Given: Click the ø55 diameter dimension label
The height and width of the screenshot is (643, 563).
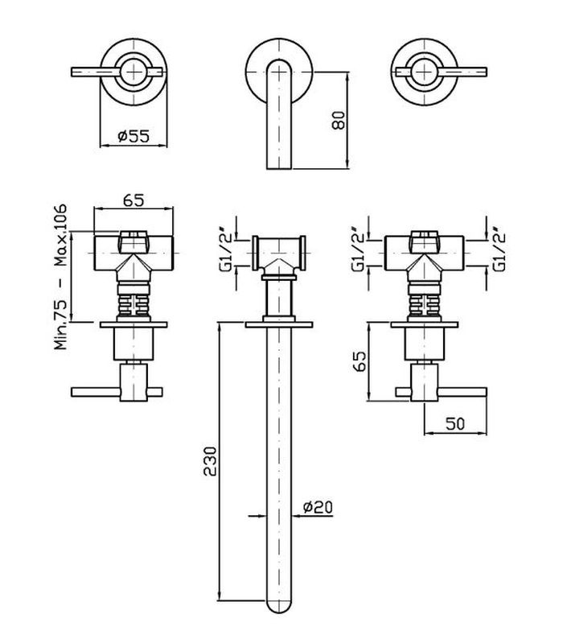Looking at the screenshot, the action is [x=134, y=135].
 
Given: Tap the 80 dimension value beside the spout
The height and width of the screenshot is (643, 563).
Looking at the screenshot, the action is [x=339, y=120].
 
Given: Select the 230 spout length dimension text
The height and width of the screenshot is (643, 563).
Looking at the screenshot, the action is [x=209, y=460].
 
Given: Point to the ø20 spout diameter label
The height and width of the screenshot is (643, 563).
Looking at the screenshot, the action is [x=318, y=507].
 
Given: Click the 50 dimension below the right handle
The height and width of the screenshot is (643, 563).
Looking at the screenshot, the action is [x=456, y=423].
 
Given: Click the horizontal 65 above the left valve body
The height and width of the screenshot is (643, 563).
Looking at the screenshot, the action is [x=134, y=200].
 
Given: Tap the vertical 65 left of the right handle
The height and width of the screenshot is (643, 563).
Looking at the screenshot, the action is [x=359, y=361].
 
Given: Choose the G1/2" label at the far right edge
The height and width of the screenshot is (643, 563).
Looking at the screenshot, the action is [x=499, y=249].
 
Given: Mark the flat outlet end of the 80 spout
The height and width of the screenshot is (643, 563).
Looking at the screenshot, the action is [x=279, y=168].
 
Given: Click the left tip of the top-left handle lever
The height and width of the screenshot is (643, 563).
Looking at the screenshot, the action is [x=72, y=72].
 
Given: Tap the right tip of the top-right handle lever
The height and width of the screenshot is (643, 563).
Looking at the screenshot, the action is [x=486, y=72].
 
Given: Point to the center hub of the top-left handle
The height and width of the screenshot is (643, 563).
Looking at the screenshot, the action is [x=134, y=72].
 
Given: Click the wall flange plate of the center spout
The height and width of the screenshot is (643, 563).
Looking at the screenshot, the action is [x=279, y=324].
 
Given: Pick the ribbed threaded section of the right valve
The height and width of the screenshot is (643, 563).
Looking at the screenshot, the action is [x=425, y=305].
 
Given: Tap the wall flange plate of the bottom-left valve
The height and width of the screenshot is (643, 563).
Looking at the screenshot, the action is [x=134, y=325].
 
